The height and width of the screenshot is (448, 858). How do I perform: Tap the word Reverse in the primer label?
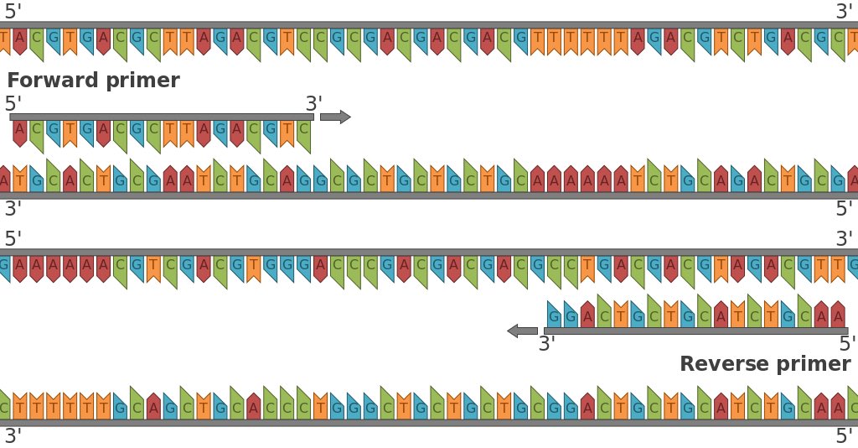tap(720, 364)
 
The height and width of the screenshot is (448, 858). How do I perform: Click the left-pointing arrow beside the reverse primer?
tap(523, 331)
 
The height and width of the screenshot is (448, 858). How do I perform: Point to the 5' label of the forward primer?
tap(13, 104)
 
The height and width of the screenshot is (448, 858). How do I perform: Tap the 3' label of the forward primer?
tap(313, 104)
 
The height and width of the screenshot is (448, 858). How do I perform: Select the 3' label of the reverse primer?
tap(547, 344)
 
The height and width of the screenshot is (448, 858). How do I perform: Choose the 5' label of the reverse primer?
tap(847, 344)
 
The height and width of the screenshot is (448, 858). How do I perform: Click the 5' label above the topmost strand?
tap(13, 12)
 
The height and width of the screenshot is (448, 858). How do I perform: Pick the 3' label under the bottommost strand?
tap(13, 436)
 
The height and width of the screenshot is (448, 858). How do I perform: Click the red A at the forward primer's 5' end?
tap(20, 130)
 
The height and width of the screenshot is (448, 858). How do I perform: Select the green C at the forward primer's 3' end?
tap(303, 131)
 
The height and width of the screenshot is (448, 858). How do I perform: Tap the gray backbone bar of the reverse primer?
tap(695, 331)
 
